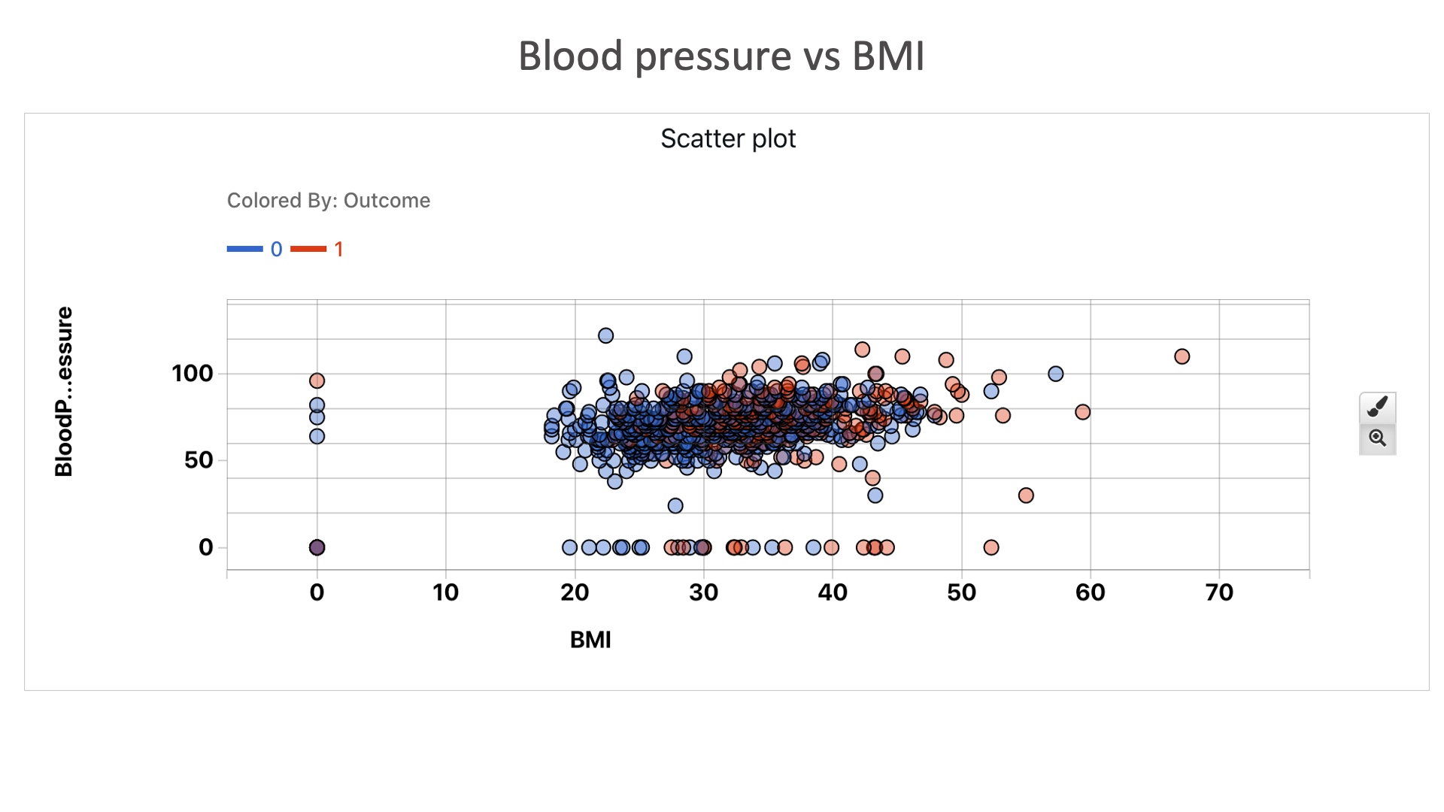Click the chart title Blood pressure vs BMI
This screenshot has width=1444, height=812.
(721, 56)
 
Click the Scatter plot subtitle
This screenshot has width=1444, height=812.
(727, 138)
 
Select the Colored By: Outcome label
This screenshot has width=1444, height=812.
(328, 201)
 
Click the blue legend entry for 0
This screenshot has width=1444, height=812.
(256, 249)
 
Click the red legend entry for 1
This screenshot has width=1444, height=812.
(318, 249)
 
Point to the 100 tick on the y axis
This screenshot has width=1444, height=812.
(193, 374)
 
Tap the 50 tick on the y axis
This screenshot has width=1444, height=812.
(199, 460)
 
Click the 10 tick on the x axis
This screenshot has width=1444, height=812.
(446, 592)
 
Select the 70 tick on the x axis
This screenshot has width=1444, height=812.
(1219, 592)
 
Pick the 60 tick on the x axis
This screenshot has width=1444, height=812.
(1090, 592)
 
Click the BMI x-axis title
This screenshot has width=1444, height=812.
(590, 640)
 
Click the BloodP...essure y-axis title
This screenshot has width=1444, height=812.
(64, 392)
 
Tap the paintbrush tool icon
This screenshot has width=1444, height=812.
(1377, 407)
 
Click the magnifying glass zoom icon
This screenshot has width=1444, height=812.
(1377, 438)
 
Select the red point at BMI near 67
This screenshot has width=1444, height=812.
(1182, 356)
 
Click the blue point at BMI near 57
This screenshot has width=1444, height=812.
(1055, 374)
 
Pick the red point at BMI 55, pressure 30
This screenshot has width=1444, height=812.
(1026, 495)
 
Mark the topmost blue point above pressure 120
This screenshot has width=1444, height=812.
(605, 335)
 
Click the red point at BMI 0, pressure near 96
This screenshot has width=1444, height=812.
(317, 381)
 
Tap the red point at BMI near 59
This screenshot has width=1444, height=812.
(1082, 412)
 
